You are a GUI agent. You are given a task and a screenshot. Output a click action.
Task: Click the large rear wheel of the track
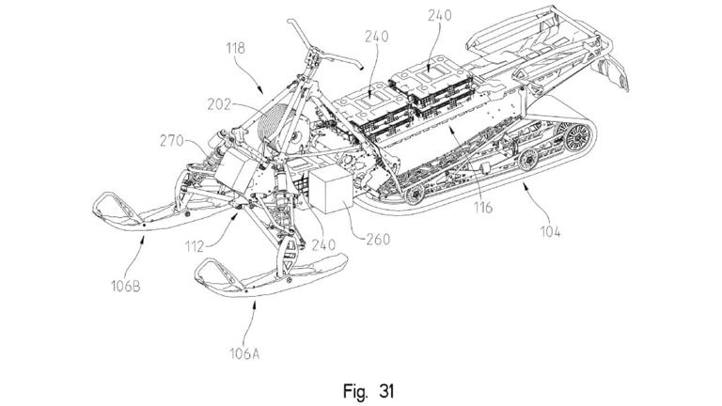[x=575, y=143]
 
